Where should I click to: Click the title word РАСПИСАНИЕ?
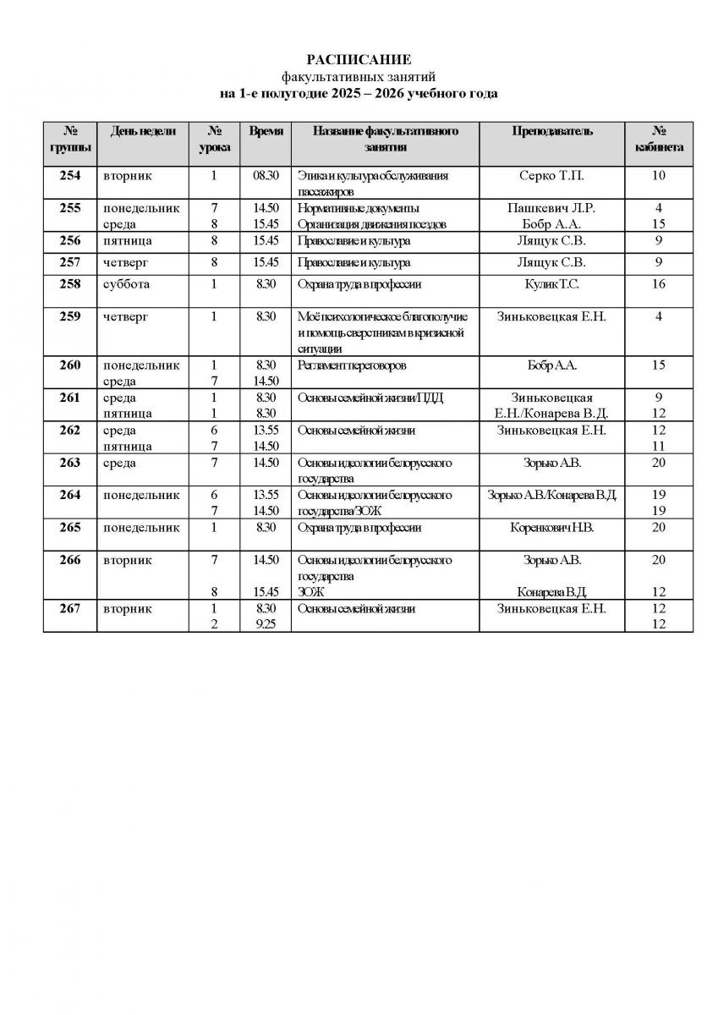[x=359, y=59]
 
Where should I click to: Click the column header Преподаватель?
[x=552, y=131]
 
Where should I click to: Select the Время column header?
[x=266, y=131]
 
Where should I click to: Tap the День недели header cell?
[x=143, y=131]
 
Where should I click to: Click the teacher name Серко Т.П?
[x=552, y=176]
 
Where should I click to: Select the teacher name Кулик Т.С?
[x=552, y=284]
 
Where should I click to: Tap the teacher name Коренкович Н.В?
[x=552, y=528]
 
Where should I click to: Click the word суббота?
[x=126, y=284]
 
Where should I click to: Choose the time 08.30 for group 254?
[x=266, y=176]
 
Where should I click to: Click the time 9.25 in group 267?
[x=266, y=624]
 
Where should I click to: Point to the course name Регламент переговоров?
[x=352, y=365]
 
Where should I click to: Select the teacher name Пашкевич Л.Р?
[x=552, y=208]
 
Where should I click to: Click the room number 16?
[x=659, y=284]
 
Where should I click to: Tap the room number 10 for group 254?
[x=659, y=176]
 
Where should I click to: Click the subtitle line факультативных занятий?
[x=359, y=76]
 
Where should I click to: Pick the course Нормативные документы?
[x=359, y=208]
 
